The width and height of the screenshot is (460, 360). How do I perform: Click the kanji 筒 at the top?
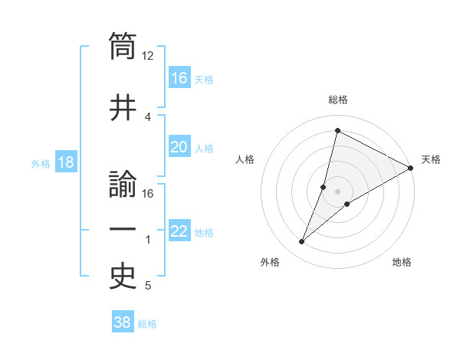pyautogui.click(x=123, y=46)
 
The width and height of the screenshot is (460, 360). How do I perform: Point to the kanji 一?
pyautogui.click(x=123, y=230)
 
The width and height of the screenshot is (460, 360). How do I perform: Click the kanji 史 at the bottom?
pyautogui.click(x=123, y=277)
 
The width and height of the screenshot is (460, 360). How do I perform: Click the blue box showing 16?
pyautogui.click(x=179, y=78)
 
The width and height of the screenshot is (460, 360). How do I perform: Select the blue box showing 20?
pyautogui.click(x=179, y=148)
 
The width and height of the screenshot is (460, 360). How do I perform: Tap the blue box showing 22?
pyautogui.click(x=179, y=231)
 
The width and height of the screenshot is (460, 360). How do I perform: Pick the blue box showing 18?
pyautogui.click(x=66, y=163)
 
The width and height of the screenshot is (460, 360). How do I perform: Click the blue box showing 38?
pyautogui.click(x=122, y=323)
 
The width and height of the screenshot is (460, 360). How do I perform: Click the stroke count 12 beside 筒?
pyautogui.click(x=148, y=56)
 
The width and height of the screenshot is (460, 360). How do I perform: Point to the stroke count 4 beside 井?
pyautogui.click(x=148, y=116)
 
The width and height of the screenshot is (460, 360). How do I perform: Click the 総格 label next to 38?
pyautogui.click(x=147, y=324)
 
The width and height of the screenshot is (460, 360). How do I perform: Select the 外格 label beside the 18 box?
pyautogui.click(x=41, y=164)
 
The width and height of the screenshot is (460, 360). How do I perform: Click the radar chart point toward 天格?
pyautogui.click(x=411, y=169)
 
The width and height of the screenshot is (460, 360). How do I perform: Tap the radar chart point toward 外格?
pyautogui.click(x=301, y=242)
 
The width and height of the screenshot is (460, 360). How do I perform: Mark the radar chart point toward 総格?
pyautogui.click(x=337, y=131)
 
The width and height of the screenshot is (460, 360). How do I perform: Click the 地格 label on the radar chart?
pyautogui.click(x=402, y=262)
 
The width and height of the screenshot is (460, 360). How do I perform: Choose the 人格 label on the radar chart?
pyautogui.click(x=245, y=159)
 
